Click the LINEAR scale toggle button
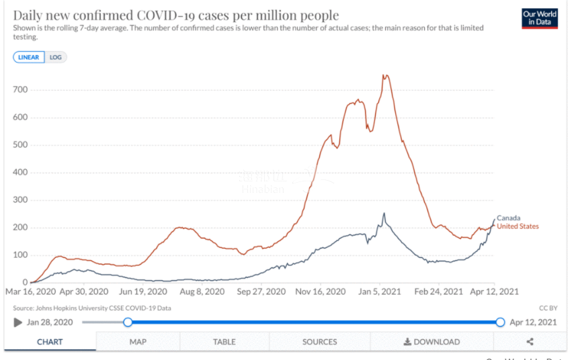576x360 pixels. point(29,57)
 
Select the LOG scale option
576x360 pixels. point(56,57)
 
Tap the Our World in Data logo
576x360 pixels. point(540,18)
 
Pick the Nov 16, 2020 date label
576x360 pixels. point(321,291)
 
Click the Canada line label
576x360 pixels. point(509,218)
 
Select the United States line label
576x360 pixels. point(518,226)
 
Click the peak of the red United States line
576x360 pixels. point(385,75)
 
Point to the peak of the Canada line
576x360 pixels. point(384,214)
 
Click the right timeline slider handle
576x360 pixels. point(500,322)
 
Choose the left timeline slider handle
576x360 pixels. point(128,322)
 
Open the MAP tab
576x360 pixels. point(138,342)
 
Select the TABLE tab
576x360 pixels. point(224,342)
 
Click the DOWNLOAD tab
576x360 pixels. point(431,342)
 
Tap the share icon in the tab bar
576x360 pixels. point(530,342)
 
